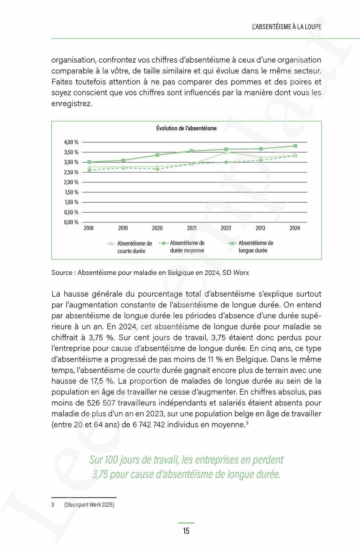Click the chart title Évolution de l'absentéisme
point(186,128)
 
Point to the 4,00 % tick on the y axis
point(71,142)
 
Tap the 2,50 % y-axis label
point(71,172)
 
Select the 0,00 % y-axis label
point(71,222)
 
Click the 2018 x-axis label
point(89,228)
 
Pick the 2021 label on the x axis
point(192,228)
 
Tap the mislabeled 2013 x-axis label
point(260,228)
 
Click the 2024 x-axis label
point(294,228)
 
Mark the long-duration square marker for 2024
point(295,146)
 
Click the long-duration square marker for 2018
point(89,162)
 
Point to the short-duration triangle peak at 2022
point(226,152)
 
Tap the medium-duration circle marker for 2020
point(157,168)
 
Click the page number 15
point(186,531)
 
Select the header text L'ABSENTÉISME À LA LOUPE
point(287,27)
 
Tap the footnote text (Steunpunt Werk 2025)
point(89,505)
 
